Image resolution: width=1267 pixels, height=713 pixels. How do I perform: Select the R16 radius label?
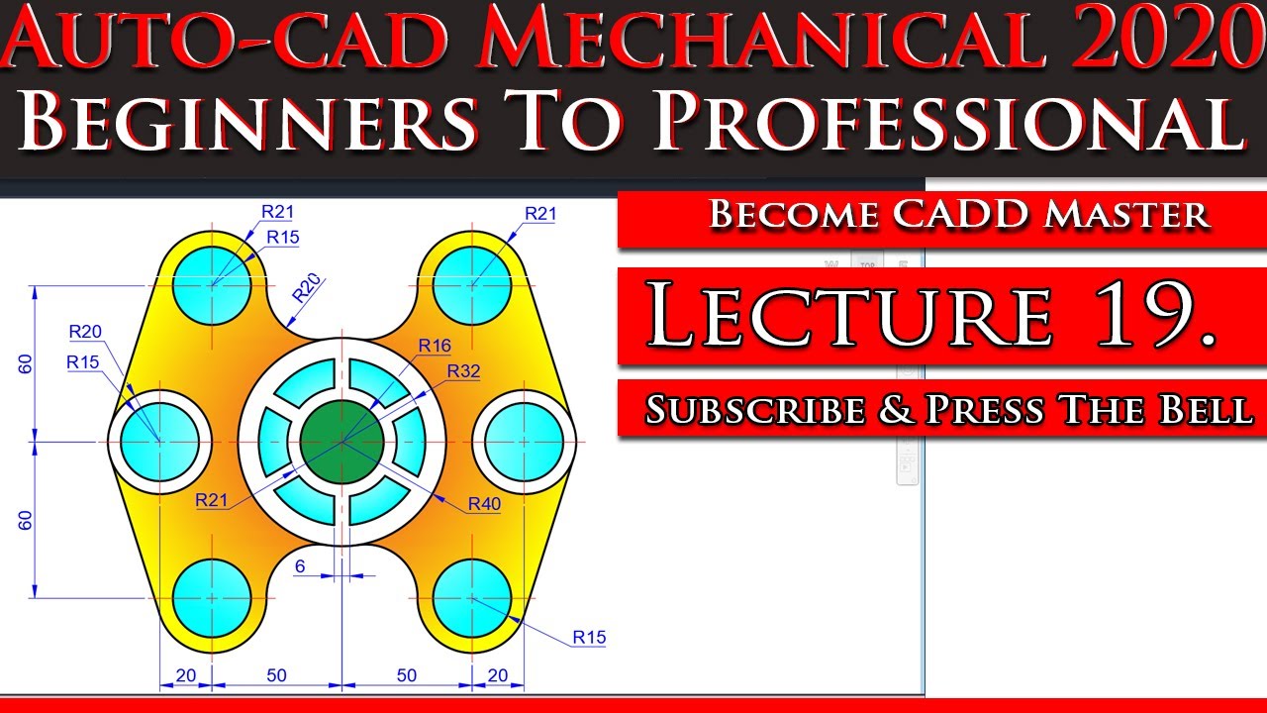coord(435,346)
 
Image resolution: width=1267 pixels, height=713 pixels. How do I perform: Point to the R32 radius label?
coord(463,371)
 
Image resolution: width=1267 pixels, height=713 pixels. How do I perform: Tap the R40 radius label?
coord(485,504)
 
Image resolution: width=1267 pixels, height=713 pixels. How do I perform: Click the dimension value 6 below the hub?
coord(300,565)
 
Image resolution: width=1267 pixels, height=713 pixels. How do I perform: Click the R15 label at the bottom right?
coord(589,638)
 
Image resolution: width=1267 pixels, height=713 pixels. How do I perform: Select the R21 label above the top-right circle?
coord(540,213)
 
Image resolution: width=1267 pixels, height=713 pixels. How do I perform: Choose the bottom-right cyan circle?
coord(472,598)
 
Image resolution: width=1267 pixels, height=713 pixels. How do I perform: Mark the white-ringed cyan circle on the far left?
coord(159,441)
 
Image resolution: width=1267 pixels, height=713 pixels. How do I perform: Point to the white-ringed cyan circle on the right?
coord(525,441)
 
